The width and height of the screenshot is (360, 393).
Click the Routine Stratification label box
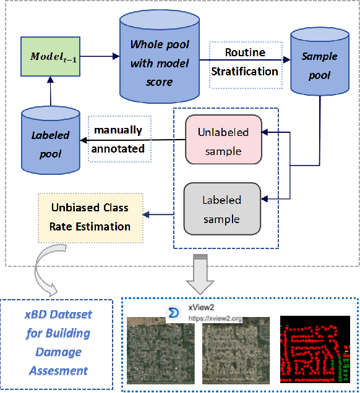pyautogui.click(x=245, y=62)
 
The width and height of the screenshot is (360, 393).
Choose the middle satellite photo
pyautogui.click(x=236, y=352)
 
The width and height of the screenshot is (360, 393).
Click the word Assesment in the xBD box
pyautogui.click(x=58, y=371)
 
